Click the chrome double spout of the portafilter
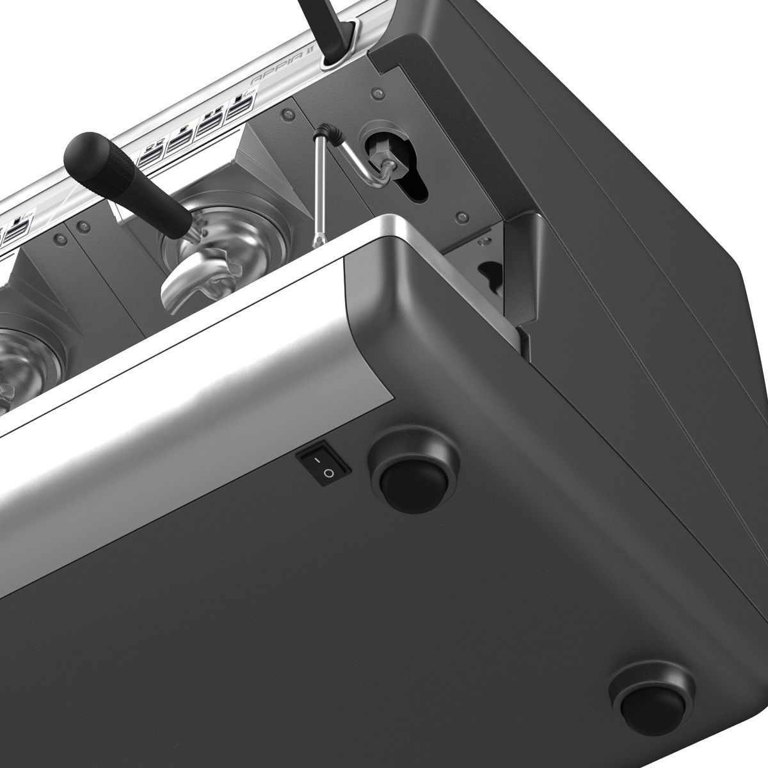tap(186, 288)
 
